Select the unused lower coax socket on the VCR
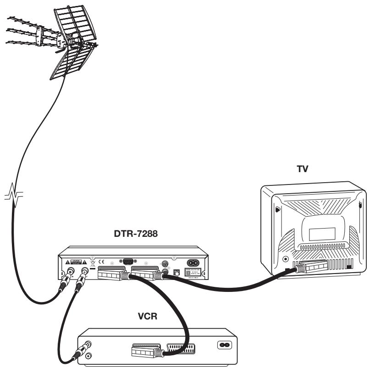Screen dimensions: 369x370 coord(90,354)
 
